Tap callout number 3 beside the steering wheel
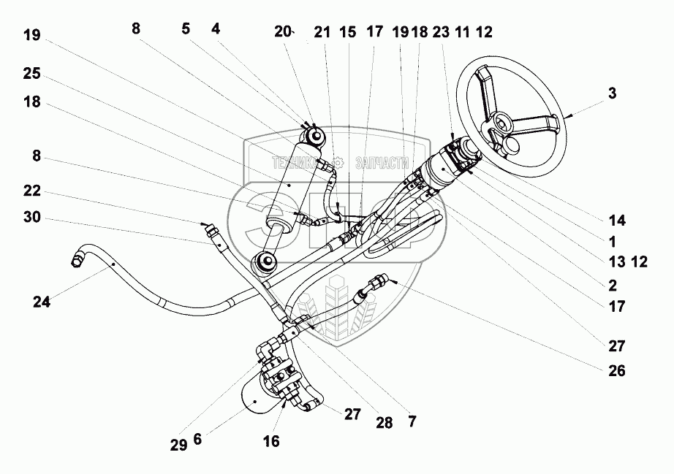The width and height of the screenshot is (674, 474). pyautogui.click(x=612, y=93)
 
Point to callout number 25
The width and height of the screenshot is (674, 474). pyautogui.click(x=31, y=74)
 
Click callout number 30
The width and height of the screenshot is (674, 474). pyautogui.click(x=31, y=217)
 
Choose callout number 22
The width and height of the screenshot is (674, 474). pyautogui.click(x=31, y=191)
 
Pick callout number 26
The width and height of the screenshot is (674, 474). pyautogui.click(x=616, y=370)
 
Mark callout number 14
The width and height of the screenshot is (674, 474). pyautogui.click(x=616, y=218)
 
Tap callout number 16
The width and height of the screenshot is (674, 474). pyautogui.click(x=270, y=441)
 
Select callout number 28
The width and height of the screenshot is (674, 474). pyautogui.click(x=383, y=422)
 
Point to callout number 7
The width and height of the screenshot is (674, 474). pyautogui.click(x=412, y=421)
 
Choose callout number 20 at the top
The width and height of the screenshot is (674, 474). pyautogui.click(x=283, y=31)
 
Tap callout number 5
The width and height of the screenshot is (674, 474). pyautogui.click(x=186, y=29)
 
